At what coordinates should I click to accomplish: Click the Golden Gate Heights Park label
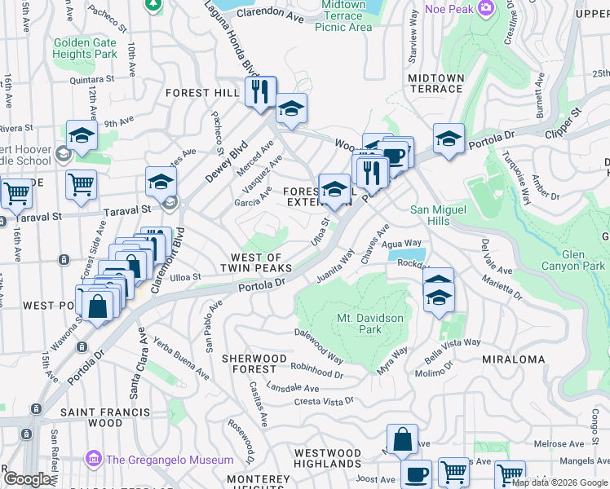tap(86, 49)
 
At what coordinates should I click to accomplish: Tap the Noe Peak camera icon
tap(487, 9)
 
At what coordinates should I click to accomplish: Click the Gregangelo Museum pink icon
tap(95, 460)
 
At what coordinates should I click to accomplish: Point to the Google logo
tap(28, 479)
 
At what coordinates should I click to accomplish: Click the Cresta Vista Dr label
tap(324, 401)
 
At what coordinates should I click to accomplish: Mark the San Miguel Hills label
tap(440, 214)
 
